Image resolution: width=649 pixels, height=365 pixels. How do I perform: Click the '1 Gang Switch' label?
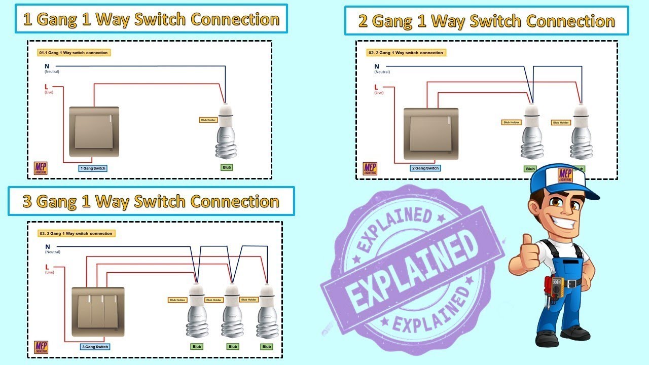[93, 168]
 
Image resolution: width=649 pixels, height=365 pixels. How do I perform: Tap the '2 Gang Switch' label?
[425, 168]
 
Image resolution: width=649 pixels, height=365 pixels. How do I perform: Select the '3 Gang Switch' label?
[95, 347]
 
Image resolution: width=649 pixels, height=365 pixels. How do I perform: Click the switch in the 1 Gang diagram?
[94, 131]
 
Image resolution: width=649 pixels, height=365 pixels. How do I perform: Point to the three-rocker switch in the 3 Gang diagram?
[98, 311]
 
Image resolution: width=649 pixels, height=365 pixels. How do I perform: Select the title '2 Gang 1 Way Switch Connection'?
[486, 21]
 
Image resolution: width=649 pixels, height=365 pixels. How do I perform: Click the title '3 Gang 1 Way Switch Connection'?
[151, 201]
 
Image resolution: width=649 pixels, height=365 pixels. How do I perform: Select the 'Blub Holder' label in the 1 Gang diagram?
[208, 120]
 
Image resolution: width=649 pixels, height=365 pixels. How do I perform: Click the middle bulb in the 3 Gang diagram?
[232, 312]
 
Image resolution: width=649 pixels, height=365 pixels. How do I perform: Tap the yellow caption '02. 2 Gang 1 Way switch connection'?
[406, 53]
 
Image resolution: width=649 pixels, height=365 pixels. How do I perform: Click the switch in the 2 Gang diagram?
[431, 133]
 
